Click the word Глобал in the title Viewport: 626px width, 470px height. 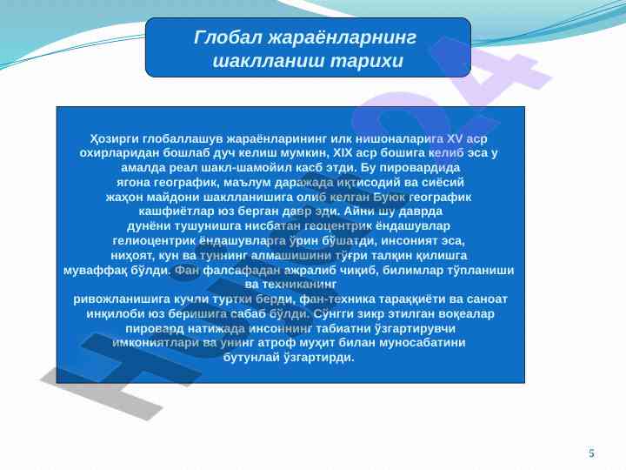(x=228, y=37)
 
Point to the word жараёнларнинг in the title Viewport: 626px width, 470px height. (x=343, y=38)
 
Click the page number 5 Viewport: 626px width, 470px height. (x=591, y=453)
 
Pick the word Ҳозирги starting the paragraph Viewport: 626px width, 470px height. (x=115, y=139)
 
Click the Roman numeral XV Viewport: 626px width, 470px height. (x=455, y=138)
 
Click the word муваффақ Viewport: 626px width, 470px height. (x=96, y=271)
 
